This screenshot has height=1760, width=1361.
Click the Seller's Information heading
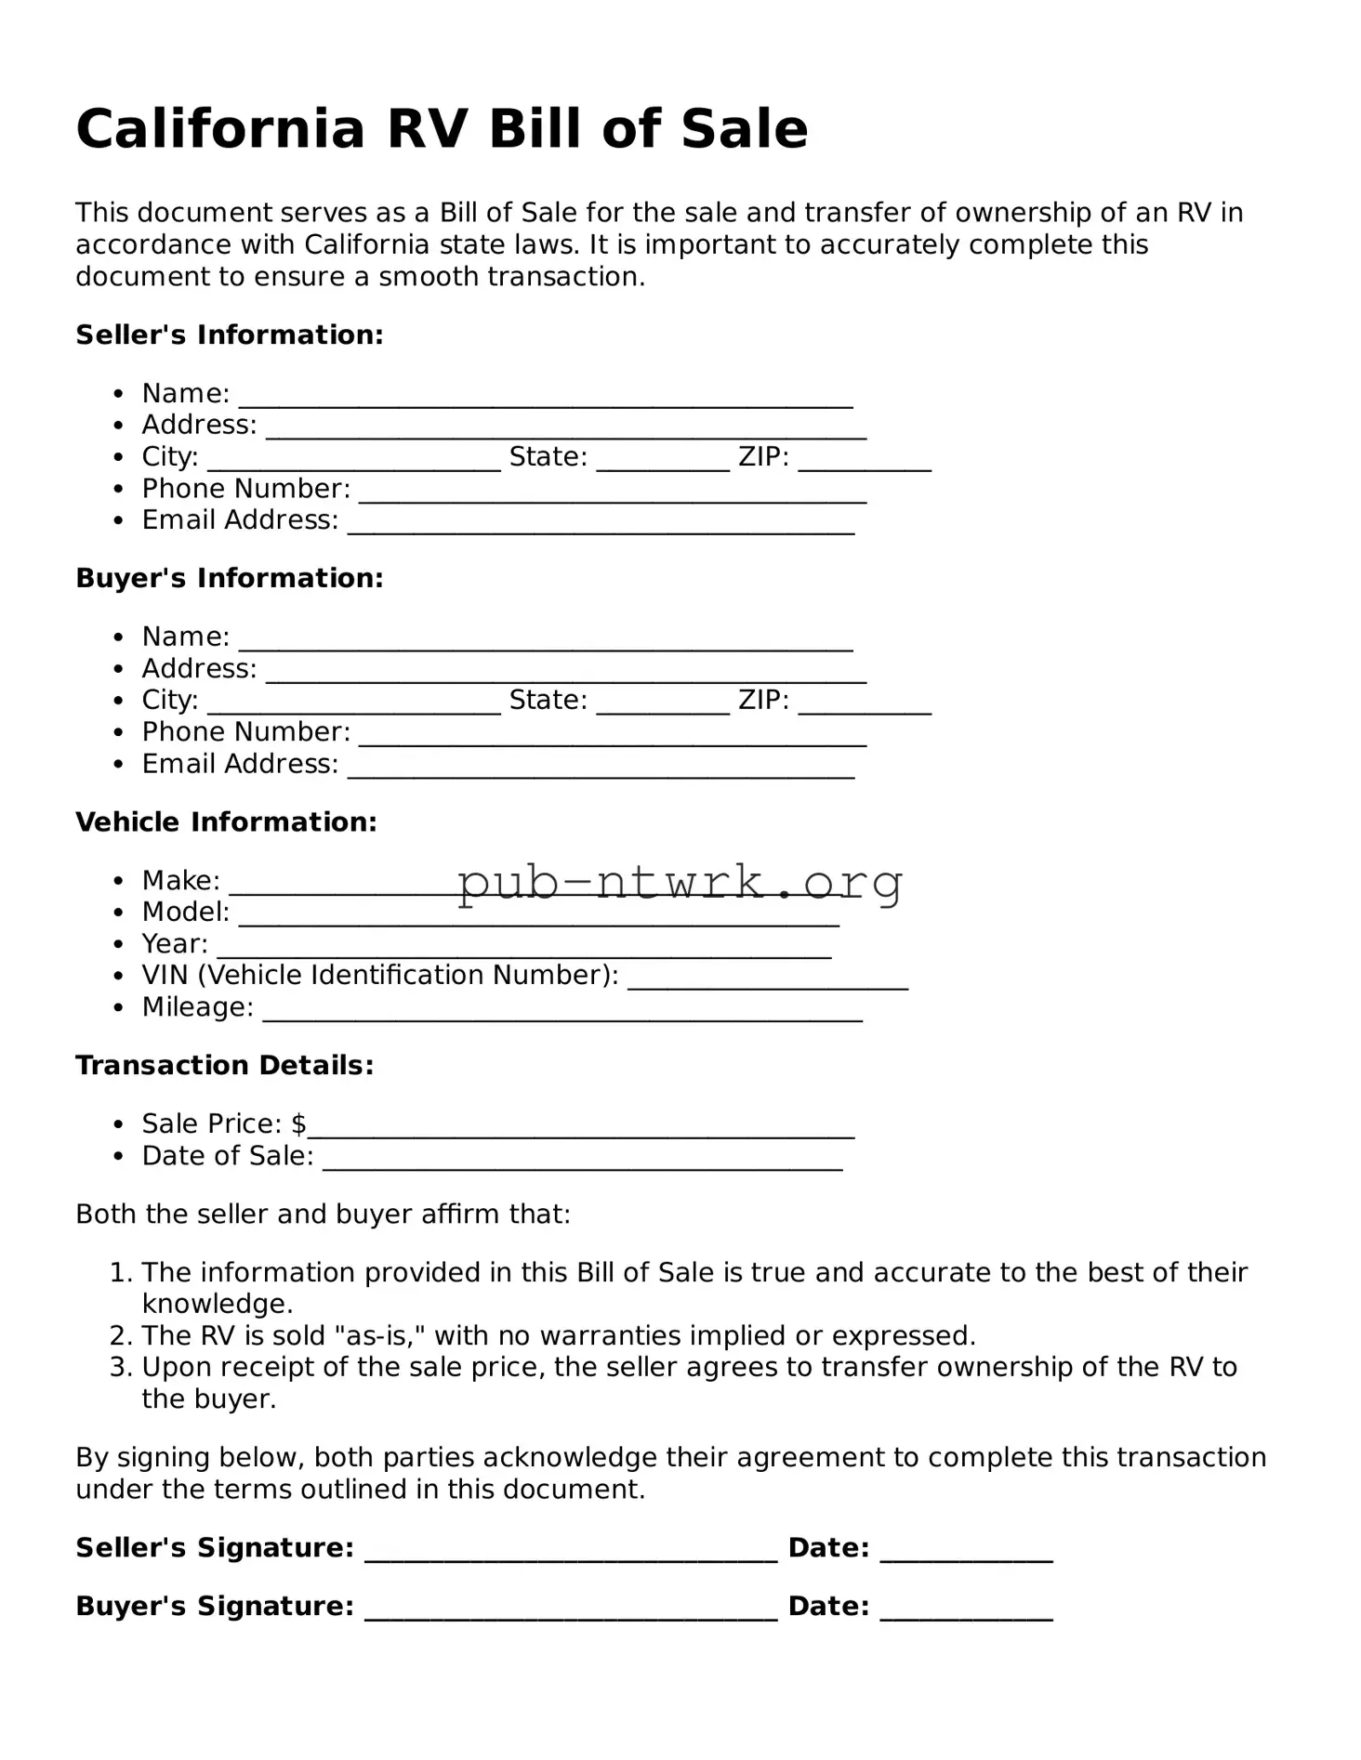point(229,335)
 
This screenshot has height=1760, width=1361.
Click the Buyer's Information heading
point(229,578)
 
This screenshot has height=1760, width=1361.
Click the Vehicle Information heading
point(226,821)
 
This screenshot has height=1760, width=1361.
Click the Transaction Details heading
point(224,1065)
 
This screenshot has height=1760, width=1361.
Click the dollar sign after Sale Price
point(298,1124)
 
